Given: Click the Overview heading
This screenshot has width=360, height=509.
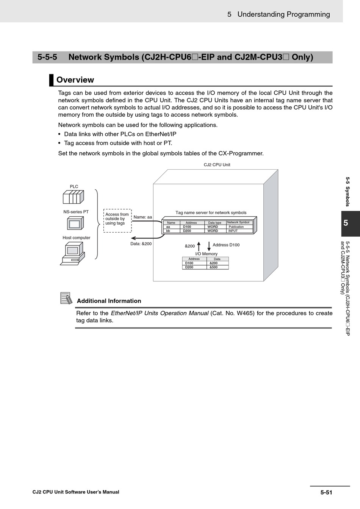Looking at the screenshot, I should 75,80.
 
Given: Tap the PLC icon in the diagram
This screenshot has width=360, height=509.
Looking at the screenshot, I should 73,197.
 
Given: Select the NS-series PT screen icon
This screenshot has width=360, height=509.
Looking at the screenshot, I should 75,223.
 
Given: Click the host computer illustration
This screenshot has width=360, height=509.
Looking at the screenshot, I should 72,253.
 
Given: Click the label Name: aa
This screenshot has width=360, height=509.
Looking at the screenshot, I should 143,217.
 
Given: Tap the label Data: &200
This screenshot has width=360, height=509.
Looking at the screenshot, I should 141,244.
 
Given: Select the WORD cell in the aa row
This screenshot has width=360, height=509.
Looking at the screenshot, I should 213,227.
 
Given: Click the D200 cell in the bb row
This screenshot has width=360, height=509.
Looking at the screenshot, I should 187,231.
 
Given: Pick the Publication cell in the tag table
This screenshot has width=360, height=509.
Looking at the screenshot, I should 236,227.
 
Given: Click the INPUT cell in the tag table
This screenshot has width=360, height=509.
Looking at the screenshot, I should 233,231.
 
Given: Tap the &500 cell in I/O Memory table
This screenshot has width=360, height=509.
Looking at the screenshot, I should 214,267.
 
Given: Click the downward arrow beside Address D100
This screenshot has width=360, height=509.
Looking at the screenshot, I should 209,246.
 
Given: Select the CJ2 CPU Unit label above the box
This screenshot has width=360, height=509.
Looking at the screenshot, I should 217,165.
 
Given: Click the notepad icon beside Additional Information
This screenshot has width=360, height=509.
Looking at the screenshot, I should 66,298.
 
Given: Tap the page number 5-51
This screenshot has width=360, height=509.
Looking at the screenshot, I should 326,492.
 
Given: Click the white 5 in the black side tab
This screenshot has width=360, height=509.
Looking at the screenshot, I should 346,223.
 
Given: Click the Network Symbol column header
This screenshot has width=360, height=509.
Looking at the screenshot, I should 238,222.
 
